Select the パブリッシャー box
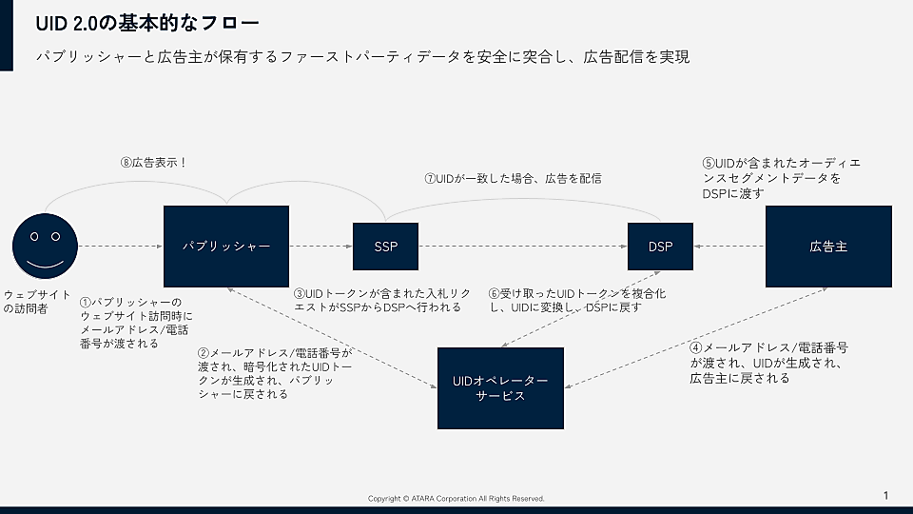tap(226, 247)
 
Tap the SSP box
tap(385, 247)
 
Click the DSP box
tap(660, 247)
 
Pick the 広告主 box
tap(828, 247)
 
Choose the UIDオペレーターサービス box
tap(500, 387)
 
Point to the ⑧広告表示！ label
tap(154, 163)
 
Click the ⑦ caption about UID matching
tap(513, 178)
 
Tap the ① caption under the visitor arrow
tap(136, 323)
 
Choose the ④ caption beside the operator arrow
tap(768, 363)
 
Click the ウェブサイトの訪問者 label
tap(36, 301)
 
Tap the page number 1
tap(885, 495)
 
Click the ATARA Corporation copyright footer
tap(456, 499)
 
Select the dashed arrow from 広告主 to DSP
tap(729, 247)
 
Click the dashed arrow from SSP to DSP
tap(523, 247)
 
